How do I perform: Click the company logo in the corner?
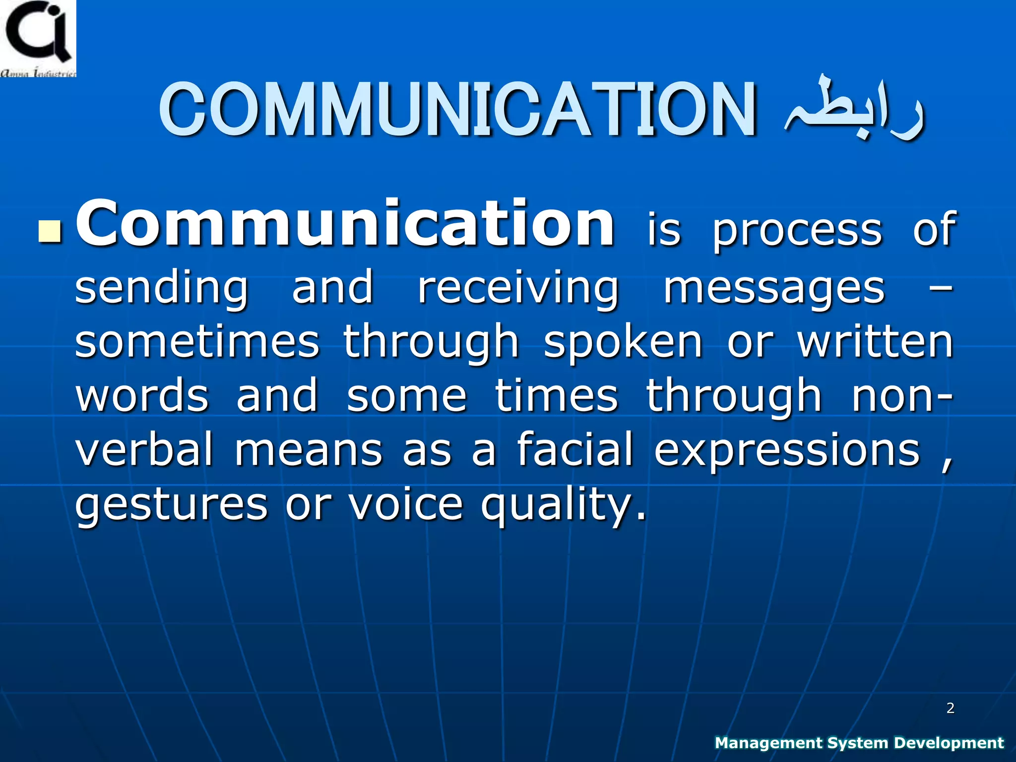[x=38, y=38]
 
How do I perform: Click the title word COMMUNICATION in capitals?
[x=457, y=110]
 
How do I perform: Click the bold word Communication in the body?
[x=345, y=224]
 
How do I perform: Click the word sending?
[x=161, y=289]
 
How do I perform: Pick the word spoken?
[x=624, y=343]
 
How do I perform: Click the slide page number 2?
[x=950, y=708]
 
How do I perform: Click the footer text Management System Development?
[x=859, y=743]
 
